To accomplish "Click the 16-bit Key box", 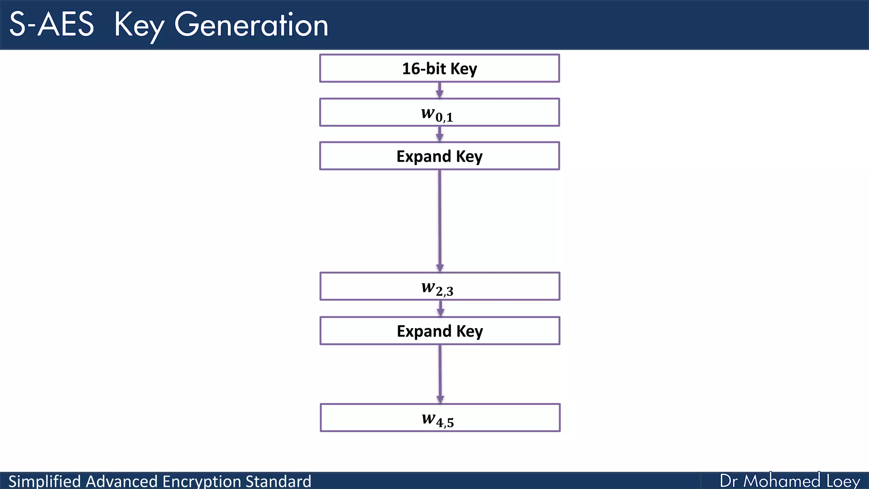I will tap(440, 68).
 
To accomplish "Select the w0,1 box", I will tap(440, 112).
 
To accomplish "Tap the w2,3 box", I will tap(440, 287).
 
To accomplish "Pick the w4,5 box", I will tap(440, 418).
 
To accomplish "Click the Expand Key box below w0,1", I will tap(440, 156).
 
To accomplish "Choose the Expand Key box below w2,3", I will tap(440, 331).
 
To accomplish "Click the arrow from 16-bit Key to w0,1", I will tap(440, 90).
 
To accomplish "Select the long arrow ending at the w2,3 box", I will tap(440, 221).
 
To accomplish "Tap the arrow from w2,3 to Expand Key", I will tap(440, 309).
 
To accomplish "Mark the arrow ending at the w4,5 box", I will tap(440, 374).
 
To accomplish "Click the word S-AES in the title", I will tap(51, 25).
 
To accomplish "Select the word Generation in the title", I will tap(251, 25).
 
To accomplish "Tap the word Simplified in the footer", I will tap(45, 481).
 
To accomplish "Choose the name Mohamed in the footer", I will tap(782, 481).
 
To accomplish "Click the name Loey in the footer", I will tap(844, 481).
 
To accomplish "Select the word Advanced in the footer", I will tap(122, 481).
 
